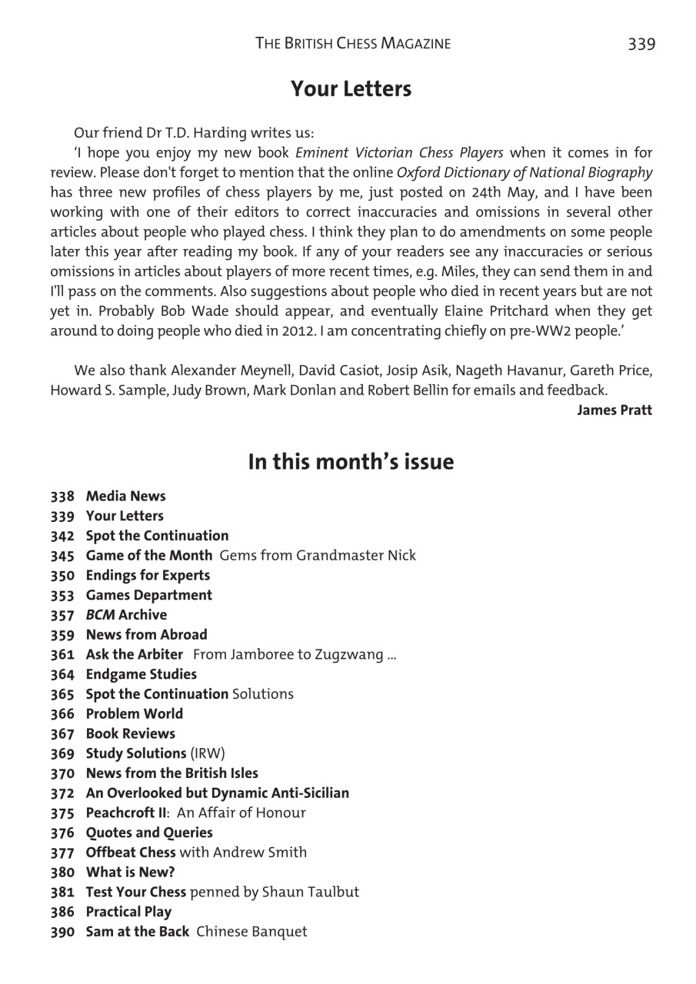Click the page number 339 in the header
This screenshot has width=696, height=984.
[x=641, y=44]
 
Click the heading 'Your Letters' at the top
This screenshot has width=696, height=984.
[x=351, y=89]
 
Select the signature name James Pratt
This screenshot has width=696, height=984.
[x=614, y=410]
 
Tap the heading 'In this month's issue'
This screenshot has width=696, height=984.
[x=351, y=462]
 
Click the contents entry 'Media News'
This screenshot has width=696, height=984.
[x=125, y=496]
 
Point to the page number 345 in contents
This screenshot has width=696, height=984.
[x=63, y=555]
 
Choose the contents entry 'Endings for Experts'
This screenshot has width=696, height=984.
[x=148, y=575]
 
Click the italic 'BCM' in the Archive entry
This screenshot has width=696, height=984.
[x=100, y=615]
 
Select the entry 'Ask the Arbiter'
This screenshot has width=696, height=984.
[x=135, y=654]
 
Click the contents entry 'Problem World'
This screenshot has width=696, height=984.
[x=135, y=713]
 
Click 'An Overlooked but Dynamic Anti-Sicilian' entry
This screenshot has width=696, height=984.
[x=217, y=793]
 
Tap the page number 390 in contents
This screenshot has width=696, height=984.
[x=63, y=932]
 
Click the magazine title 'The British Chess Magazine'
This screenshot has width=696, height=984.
[x=353, y=44]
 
